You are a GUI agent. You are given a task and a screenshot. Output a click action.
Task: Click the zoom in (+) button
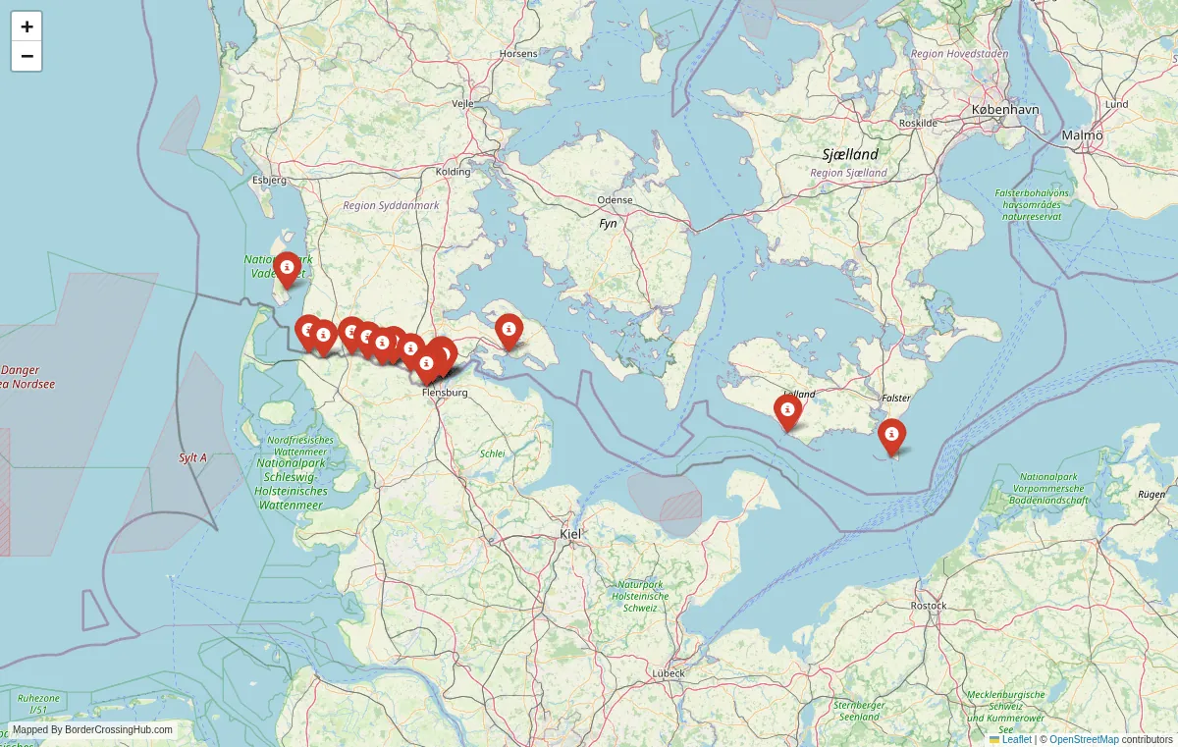point(27,27)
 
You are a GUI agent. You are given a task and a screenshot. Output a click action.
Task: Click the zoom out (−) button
point(27,56)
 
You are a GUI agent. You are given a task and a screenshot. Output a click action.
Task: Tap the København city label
point(1004,110)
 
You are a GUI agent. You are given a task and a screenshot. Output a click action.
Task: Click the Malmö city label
point(1082,134)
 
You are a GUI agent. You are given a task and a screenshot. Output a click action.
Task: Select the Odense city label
point(615,200)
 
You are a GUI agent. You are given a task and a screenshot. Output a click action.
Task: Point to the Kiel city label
point(570,534)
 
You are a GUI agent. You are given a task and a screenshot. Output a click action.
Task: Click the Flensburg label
point(445,393)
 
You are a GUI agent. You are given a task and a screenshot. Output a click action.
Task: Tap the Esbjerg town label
point(269,180)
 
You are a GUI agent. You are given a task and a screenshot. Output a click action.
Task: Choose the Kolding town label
point(454,172)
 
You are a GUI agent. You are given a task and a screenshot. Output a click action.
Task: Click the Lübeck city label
point(669,673)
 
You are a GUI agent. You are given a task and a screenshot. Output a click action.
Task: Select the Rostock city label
point(929,606)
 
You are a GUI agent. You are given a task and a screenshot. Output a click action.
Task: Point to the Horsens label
point(518,53)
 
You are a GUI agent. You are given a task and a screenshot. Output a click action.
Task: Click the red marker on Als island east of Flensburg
point(509,330)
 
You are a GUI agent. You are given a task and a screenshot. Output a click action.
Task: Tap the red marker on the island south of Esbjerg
point(287,267)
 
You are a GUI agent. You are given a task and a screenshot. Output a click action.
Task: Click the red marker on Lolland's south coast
point(787,410)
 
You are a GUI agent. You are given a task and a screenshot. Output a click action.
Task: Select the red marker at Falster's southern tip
point(891,435)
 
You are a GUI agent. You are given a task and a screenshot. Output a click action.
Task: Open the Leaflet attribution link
point(1016,739)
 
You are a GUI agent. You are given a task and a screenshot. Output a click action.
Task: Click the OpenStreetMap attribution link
point(1084,739)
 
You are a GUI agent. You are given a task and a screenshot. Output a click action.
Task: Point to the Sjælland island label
point(850,154)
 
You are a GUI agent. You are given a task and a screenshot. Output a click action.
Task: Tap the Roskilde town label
point(918,123)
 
